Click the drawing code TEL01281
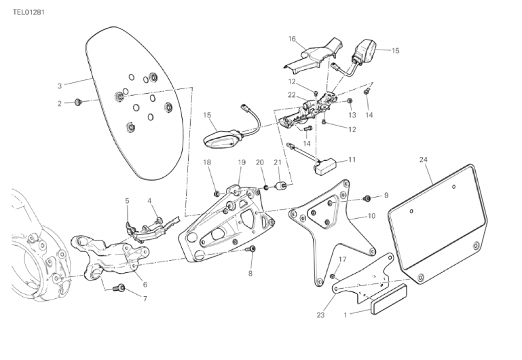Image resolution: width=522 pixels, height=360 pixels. (29, 12)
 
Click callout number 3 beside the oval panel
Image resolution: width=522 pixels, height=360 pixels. (60, 86)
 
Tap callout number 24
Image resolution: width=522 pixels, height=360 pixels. (424, 160)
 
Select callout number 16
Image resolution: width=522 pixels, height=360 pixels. (293, 39)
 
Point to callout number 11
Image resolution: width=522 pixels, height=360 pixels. (352, 160)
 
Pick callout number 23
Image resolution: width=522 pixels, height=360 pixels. (321, 314)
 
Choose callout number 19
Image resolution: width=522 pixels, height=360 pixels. (241, 162)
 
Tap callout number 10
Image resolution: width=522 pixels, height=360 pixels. (371, 216)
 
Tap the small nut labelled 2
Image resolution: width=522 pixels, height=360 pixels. (78, 103)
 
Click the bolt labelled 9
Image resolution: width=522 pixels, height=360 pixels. (367, 198)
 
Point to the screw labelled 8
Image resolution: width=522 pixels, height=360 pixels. (251, 251)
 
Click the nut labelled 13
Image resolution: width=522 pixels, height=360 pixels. (349, 101)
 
